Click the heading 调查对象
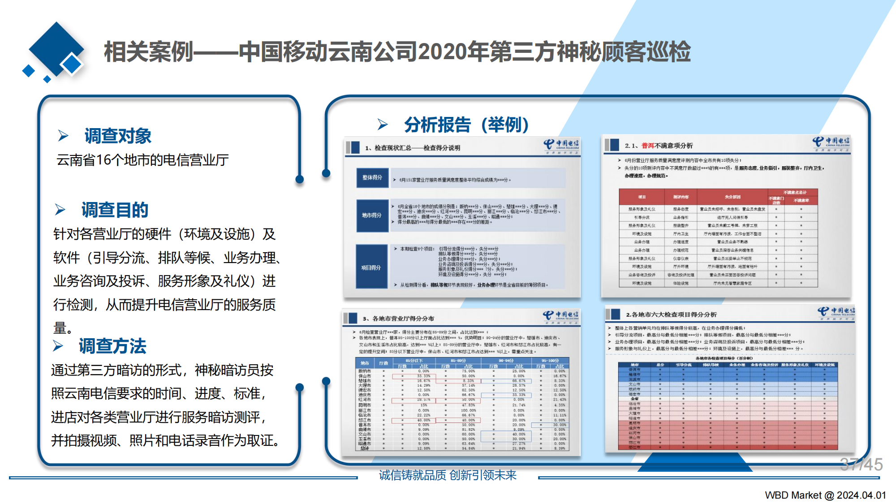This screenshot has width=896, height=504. pyautogui.click(x=118, y=136)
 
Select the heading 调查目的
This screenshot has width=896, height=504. pyautogui.click(x=115, y=210)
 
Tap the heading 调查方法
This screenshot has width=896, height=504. pyautogui.click(x=112, y=346)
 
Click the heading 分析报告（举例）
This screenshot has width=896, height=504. pyautogui.click(x=466, y=125)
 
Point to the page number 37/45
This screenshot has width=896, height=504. pyautogui.click(x=861, y=465)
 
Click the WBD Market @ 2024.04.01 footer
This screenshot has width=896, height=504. pyautogui.click(x=825, y=495)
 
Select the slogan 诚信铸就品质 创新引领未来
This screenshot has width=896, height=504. pyautogui.click(x=448, y=475)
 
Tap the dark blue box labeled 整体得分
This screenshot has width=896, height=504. pyautogui.click(x=372, y=177)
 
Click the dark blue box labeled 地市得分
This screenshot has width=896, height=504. pyautogui.click(x=372, y=215)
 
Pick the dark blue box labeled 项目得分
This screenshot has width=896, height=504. pyautogui.click(x=371, y=267)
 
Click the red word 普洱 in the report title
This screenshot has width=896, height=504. pyautogui.click(x=648, y=146)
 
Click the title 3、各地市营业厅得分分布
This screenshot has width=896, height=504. pyautogui.click(x=398, y=319)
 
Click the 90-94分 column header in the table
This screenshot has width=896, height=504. pyautogui.click(x=506, y=360)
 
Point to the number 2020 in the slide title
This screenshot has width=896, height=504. pyautogui.click(x=442, y=52)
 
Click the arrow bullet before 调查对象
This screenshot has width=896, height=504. pyautogui.click(x=63, y=136)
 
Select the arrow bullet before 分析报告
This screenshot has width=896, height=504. pyautogui.click(x=383, y=125)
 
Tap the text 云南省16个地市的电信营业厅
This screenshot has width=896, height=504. pyautogui.click(x=142, y=160)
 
